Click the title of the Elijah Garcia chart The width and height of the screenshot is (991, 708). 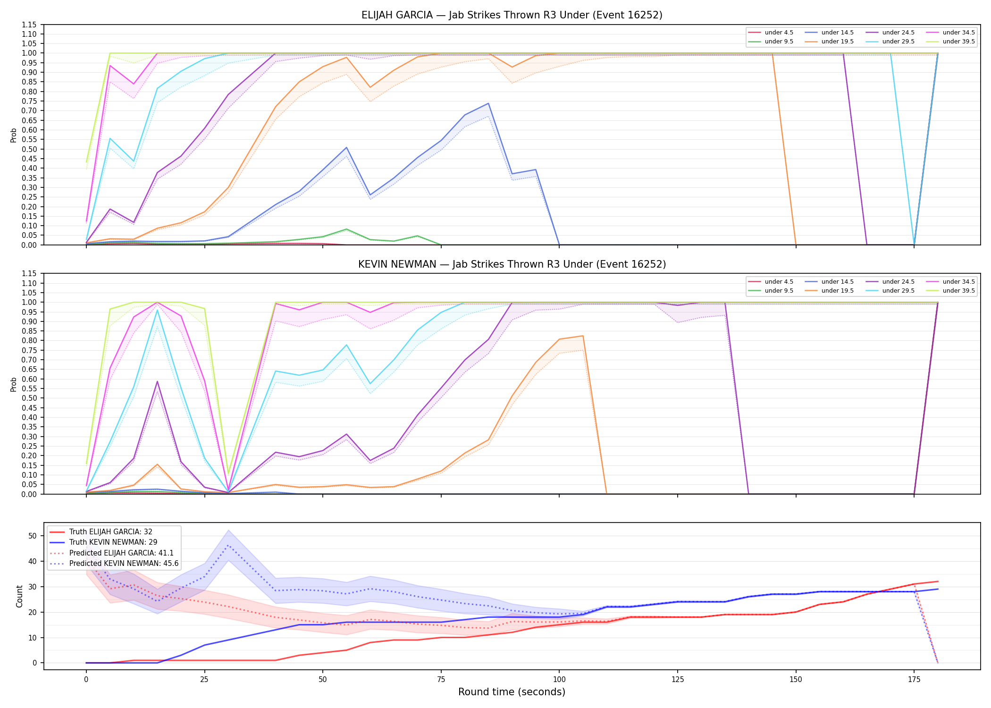coord(512,15)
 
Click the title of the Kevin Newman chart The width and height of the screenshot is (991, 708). coord(512,264)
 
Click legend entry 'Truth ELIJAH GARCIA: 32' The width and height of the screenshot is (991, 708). coord(101,532)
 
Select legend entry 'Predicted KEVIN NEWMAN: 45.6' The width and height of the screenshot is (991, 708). coord(114,564)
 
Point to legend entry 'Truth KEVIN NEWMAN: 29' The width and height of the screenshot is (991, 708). coord(103,542)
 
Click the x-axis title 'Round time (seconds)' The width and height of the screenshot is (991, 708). coord(512,692)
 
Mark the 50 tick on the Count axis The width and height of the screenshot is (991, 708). coord(33,536)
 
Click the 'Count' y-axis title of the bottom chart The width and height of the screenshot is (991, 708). coord(19,596)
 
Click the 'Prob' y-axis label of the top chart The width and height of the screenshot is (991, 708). coord(14,135)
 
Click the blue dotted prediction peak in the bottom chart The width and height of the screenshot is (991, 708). coord(228,546)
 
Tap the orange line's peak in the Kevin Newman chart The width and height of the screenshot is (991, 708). coord(583,336)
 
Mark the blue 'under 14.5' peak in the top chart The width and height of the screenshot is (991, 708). coord(488,103)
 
